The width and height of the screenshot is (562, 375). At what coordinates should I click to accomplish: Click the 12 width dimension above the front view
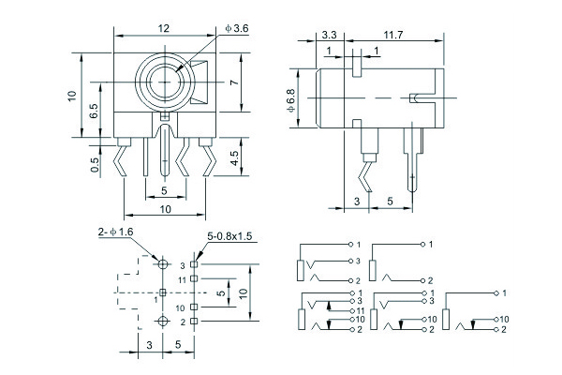click(x=166, y=28)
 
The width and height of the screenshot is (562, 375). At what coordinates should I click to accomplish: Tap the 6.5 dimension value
click(x=94, y=110)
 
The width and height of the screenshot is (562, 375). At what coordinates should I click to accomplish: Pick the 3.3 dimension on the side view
click(x=329, y=35)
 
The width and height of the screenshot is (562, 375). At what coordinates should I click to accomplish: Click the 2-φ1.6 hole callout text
click(x=116, y=231)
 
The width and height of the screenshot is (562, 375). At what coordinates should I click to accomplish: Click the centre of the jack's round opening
click(x=166, y=83)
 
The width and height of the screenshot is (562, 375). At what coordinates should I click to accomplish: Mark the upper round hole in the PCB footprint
click(x=164, y=265)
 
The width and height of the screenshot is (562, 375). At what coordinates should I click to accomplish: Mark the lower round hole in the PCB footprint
click(x=164, y=322)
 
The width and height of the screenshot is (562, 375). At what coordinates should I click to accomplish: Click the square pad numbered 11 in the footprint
click(x=195, y=279)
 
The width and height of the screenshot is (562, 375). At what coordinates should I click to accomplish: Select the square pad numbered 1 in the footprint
click(x=164, y=293)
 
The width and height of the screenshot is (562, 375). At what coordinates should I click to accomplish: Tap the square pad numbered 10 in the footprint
click(x=195, y=307)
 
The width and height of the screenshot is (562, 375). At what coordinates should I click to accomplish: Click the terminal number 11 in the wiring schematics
click(x=360, y=310)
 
